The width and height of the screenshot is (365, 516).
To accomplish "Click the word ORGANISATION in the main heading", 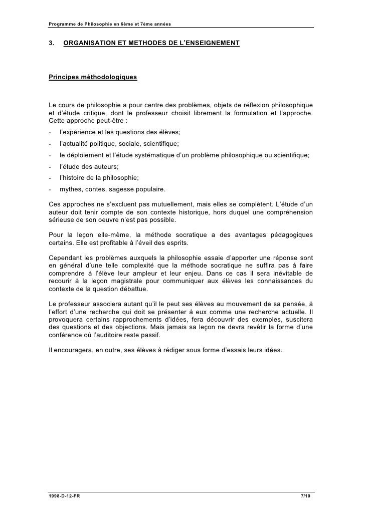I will pyautogui.click(x=89, y=44).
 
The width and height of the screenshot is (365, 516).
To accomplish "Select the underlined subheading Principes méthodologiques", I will pyautogui.click(x=92, y=78).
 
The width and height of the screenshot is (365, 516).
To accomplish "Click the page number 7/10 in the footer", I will pyautogui.click(x=305, y=495).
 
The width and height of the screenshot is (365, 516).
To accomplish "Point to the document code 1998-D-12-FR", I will pyautogui.click(x=62, y=495).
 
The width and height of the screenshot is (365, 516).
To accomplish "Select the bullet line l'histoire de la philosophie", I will pyautogui.click(x=99, y=177).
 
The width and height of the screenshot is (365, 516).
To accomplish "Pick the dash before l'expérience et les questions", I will pyautogui.click(x=50, y=132).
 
